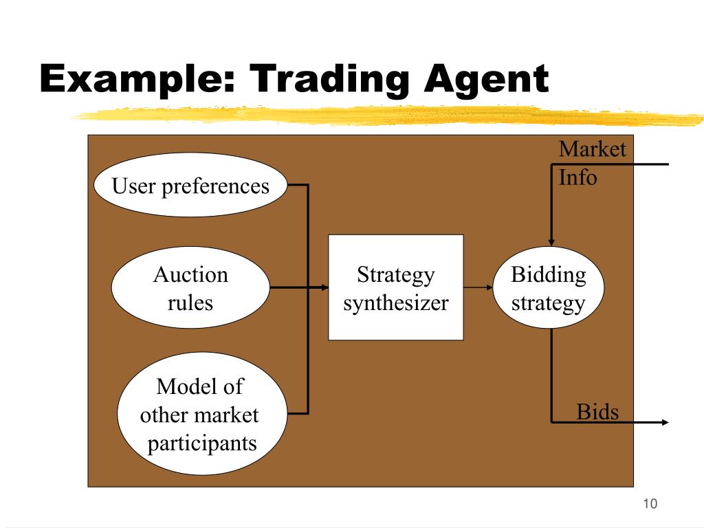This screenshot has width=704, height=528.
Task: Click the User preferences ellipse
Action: coord(190,186)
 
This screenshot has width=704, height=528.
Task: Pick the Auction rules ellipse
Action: coord(190,288)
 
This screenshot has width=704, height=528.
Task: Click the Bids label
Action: coord(597,412)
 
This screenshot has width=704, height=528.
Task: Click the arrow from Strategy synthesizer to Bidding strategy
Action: coord(478,287)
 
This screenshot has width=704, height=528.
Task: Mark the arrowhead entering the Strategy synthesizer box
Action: coord(324,287)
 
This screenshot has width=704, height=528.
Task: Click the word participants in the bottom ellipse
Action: coord(201,443)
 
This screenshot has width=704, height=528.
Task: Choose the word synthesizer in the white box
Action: coord(395,302)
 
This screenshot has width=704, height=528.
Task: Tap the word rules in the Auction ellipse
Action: coord(190,302)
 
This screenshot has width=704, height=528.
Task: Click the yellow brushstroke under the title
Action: coord(385,115)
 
